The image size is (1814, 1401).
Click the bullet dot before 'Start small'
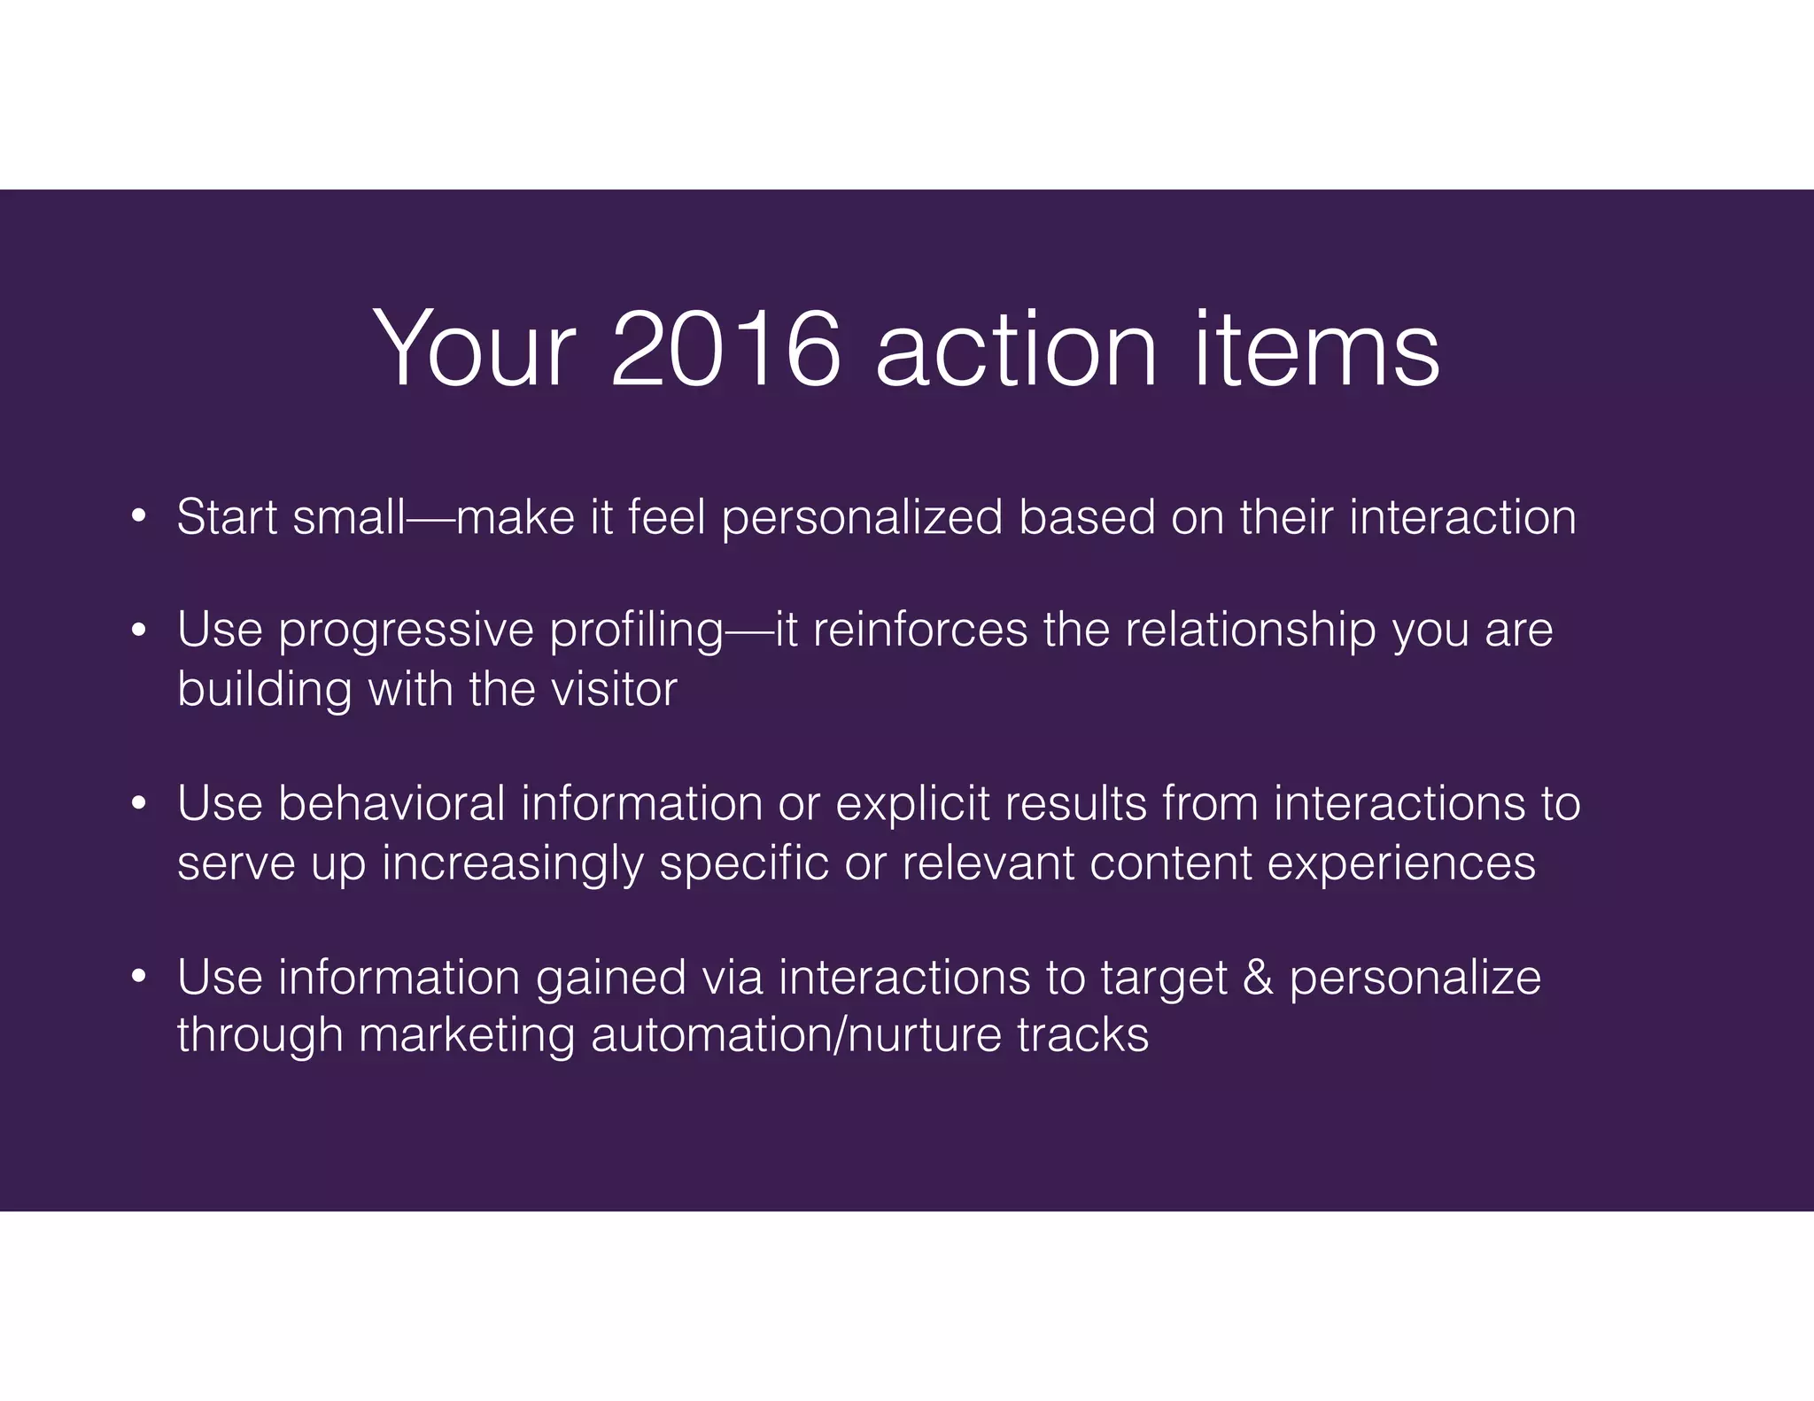138,516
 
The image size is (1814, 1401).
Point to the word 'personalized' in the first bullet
862,518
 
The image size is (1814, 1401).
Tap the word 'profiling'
636,631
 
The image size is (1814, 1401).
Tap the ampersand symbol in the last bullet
1258,978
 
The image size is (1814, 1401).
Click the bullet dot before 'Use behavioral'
138,804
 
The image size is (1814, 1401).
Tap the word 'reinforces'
919,630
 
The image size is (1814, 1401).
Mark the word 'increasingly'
512,864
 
